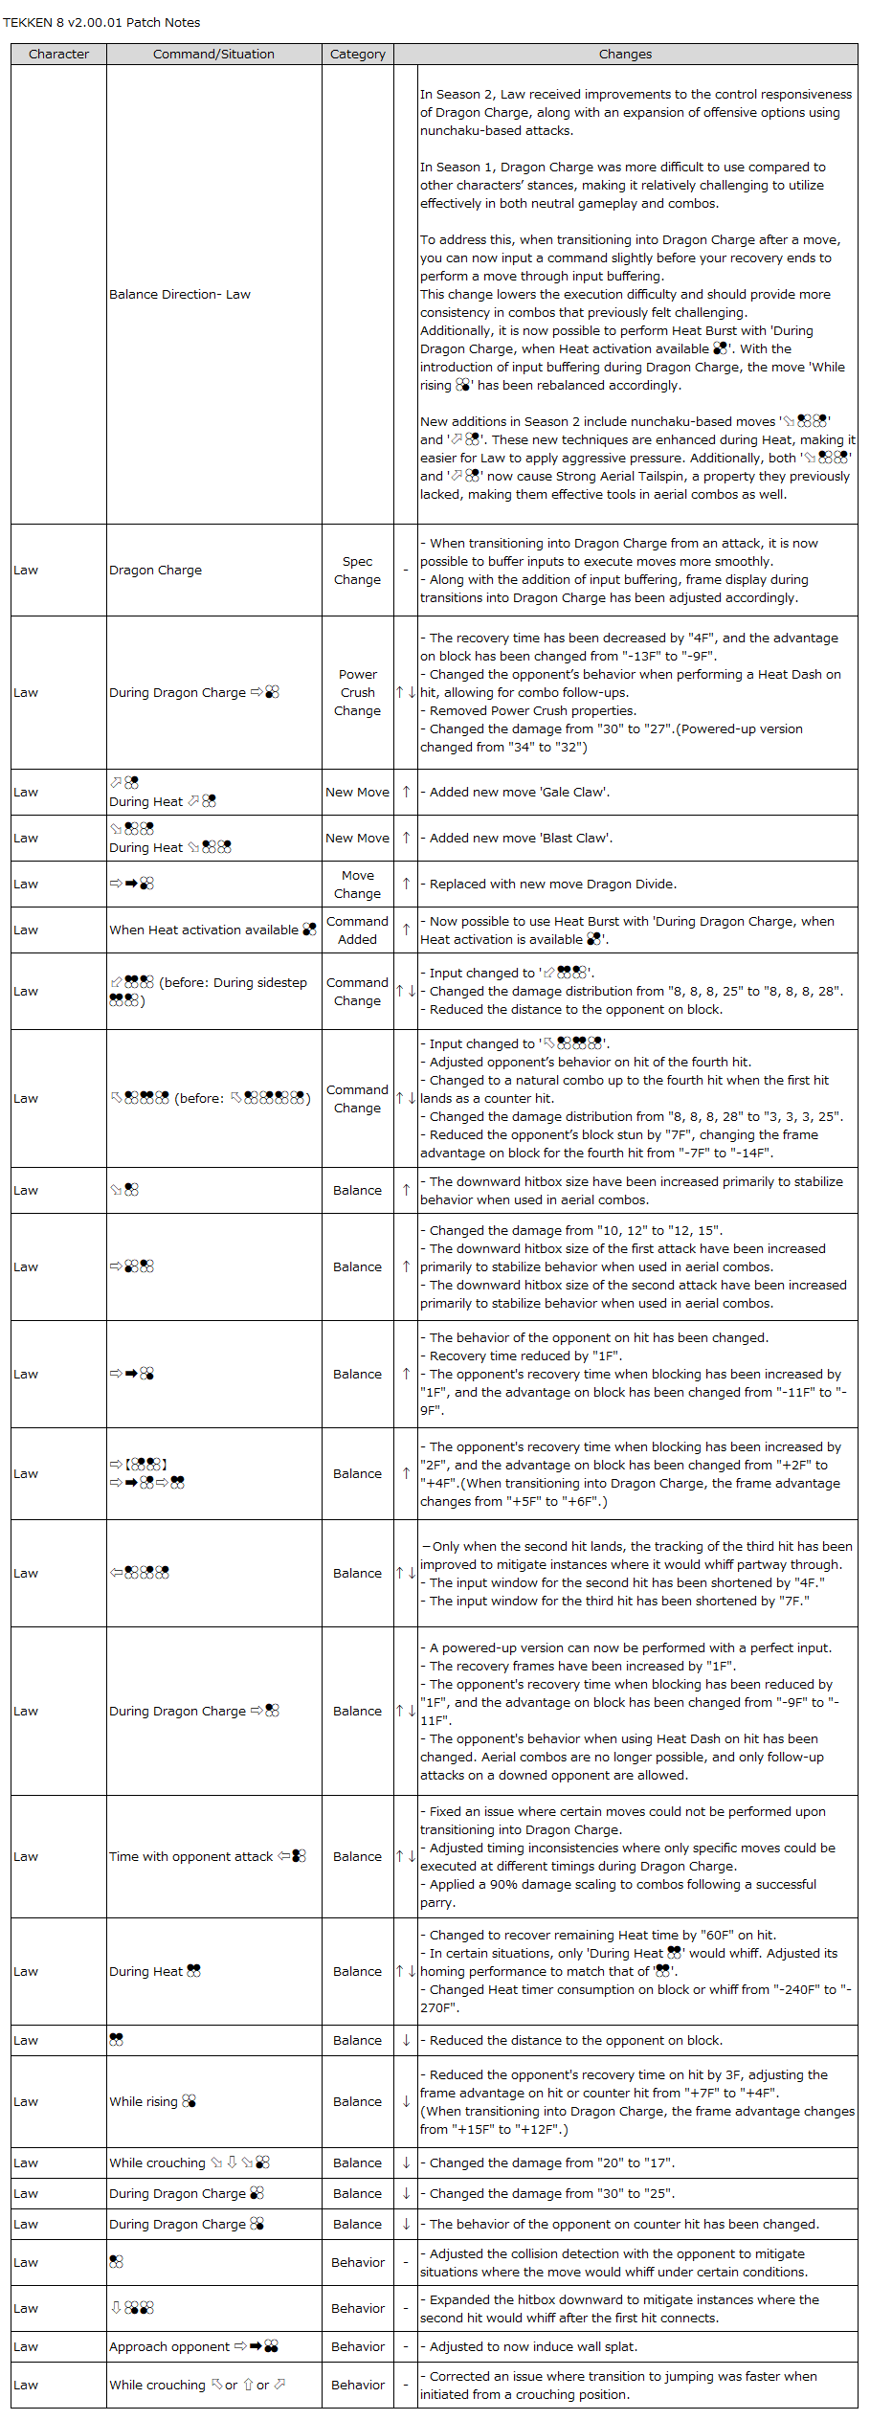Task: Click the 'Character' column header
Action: (58, 55)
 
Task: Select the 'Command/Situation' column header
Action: (213, 55)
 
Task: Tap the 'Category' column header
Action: (357, 55)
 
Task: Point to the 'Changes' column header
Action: (625, 55)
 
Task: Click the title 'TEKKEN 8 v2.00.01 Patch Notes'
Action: (101, 22)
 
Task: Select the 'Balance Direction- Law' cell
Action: (180, 295)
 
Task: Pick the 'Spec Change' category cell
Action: (357, 571)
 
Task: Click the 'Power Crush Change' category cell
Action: (357, 693)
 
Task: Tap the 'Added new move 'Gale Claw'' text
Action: (519, 793)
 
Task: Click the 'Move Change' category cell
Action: (357, 885)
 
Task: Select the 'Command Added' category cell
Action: (357, 930)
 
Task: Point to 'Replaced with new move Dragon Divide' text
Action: (552, 885)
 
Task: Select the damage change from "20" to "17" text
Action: (551, 2163)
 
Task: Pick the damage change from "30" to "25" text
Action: (551, 2194)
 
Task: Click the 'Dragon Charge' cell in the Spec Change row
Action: (155, 571)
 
